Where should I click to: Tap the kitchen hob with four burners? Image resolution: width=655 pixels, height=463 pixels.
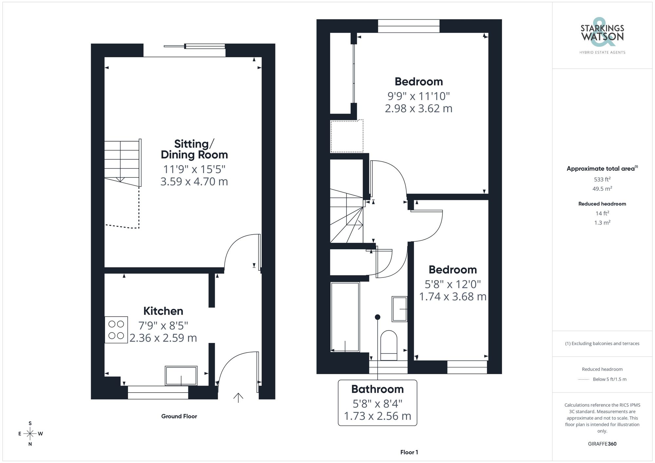(x=116, y=329)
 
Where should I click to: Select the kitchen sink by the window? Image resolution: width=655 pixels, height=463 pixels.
(x=181, y=375)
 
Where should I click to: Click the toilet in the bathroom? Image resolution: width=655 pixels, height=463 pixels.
(x=389, y=345)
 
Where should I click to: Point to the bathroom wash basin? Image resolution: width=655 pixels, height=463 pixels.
(x=399, y=309)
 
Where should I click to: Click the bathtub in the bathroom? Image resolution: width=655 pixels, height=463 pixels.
(x=345, y=317)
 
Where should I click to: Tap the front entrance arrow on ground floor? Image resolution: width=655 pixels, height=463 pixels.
(x=238, y=397)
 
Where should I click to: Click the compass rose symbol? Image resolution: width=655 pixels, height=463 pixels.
(x=30, y=434)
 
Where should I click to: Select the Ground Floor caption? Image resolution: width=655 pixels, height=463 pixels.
(x=179, y=416)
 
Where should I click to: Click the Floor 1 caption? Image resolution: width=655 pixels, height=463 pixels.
(x=409, y=452)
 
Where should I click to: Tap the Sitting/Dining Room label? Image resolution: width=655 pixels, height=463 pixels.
(x=194, y=149)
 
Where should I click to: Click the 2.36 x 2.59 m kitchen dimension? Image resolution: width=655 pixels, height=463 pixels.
(x=163, y=338)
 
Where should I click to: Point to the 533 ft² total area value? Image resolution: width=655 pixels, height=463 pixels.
(x=602, y=179)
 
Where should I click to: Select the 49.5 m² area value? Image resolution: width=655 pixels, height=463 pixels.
(x=602, y=189)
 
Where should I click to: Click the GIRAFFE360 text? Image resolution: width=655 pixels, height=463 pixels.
(x=602, y=444)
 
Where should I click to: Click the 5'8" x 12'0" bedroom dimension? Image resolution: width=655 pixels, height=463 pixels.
(x=453, y=284)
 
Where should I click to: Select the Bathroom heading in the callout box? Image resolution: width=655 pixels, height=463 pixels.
(x=377, y=389)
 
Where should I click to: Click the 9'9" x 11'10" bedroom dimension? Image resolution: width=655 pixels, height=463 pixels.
(x=419, y=96)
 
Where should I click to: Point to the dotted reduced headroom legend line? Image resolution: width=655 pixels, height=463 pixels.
(x=584, y=380)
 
